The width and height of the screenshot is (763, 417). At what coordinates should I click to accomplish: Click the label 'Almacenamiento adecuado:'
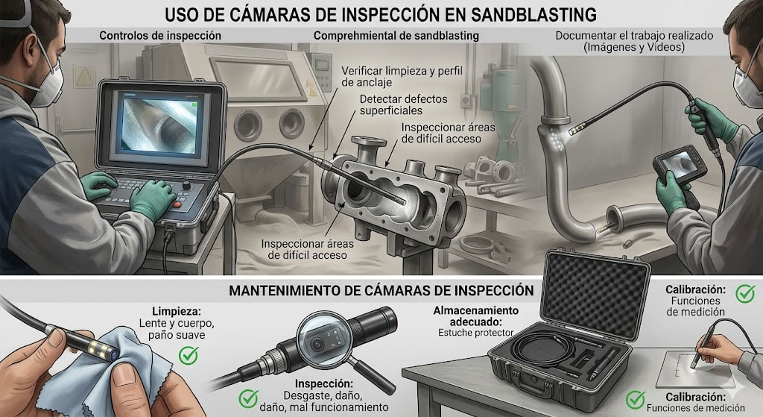(x=476, y=314)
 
